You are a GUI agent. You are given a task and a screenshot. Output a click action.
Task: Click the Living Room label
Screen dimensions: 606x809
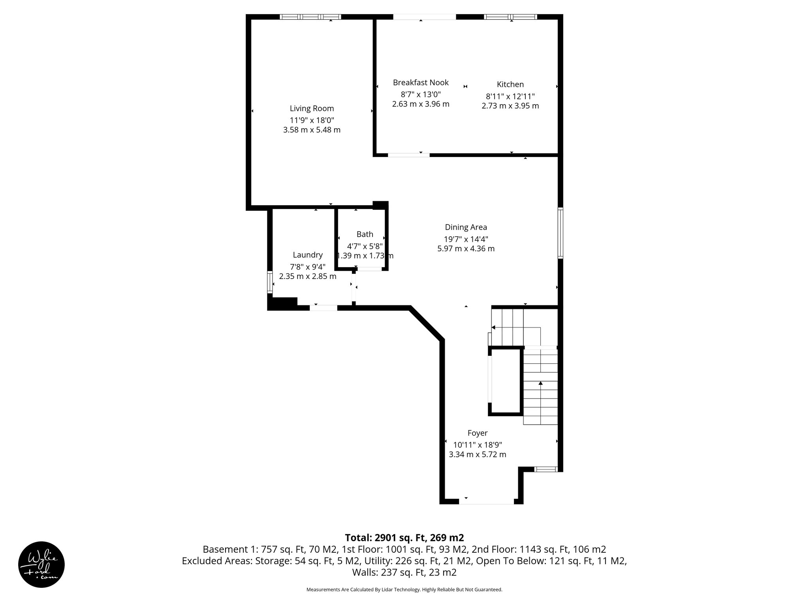tap(312, 108)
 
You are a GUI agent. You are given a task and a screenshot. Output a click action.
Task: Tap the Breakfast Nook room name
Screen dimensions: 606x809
tap(421, 82)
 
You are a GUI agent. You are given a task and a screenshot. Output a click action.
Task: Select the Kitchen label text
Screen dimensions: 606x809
tap(510, 84)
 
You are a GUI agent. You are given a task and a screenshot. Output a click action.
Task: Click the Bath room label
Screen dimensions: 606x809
tap(365, 234)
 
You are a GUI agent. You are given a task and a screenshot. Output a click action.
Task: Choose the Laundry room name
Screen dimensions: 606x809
tap(308, 255)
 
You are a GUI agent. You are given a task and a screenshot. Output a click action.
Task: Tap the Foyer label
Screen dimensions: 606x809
tap(477, 433)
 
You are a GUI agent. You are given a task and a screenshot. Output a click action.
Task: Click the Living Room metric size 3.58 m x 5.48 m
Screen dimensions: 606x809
tap(312, 130)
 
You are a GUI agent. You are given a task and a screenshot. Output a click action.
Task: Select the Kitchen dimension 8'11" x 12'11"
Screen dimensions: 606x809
tap(510, 96)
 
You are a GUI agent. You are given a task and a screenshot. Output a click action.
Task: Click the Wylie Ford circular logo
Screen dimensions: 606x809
tap(41, 565)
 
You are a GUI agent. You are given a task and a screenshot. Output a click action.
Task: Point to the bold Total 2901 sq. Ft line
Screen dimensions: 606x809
tap(404, 538)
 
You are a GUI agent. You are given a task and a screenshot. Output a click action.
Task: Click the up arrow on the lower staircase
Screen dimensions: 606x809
tap(540, 383)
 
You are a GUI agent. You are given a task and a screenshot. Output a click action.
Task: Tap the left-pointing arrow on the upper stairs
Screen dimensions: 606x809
tap(494, 327)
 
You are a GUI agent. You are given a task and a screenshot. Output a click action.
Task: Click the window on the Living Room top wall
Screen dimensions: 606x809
tap(310, 17)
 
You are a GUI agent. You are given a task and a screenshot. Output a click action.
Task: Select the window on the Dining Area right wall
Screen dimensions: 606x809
tap(560, 233)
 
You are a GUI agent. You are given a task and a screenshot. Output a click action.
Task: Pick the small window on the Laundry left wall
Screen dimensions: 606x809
tap(270, 282)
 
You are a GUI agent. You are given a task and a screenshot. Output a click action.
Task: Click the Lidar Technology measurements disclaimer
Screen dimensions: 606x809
tap(404, 589)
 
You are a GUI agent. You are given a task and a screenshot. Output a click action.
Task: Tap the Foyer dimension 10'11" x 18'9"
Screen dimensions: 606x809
tap(477, 445)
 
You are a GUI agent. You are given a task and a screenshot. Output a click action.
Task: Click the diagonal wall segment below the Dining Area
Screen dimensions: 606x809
tap(427, 324)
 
